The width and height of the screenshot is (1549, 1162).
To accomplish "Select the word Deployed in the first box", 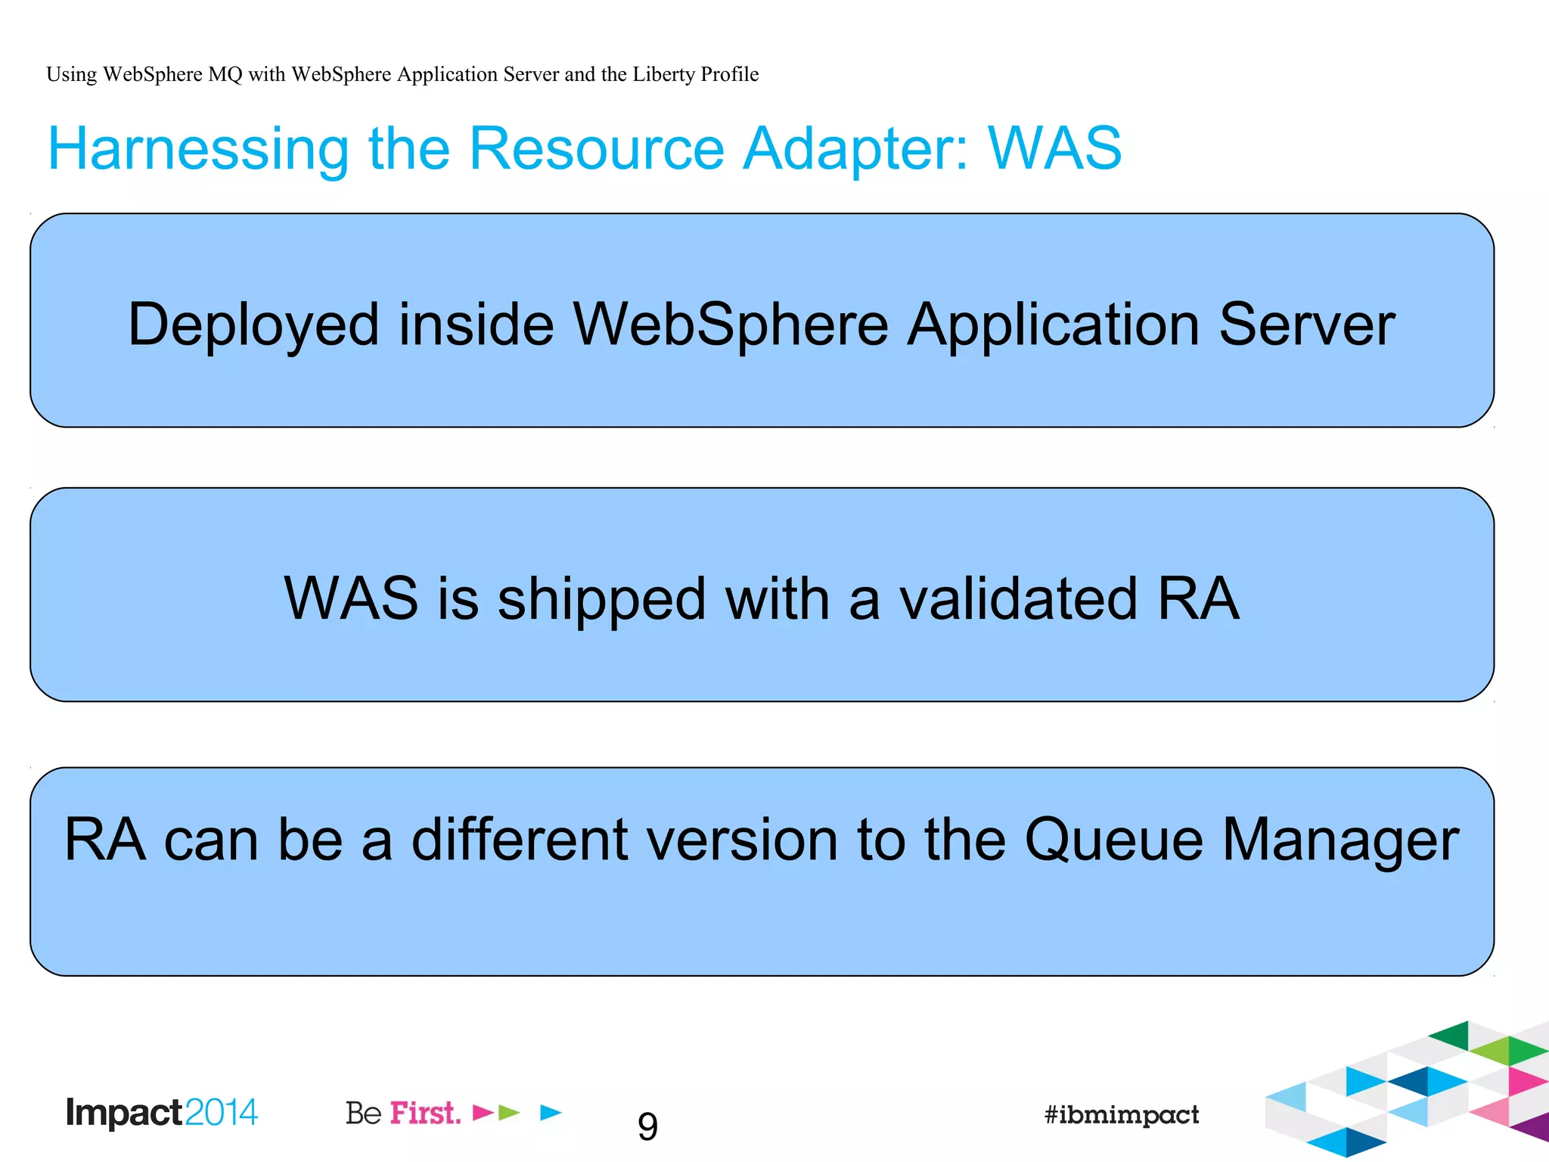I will [x=253, y=325].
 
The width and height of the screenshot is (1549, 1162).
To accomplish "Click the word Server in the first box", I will [x=1307, y=325].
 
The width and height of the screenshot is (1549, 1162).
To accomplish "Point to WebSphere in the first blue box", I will [x=730, y=325].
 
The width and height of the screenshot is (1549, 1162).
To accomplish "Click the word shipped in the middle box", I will [x=601, y=599].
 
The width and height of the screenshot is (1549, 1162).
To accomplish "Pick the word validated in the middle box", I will [x=1018, y=599].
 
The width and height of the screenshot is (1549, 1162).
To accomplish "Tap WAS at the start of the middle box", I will [x=351, y=599].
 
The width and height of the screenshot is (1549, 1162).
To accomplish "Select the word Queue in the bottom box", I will [x=1113, y=840].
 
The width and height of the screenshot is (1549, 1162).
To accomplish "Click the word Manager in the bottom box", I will [x=1340, y=841].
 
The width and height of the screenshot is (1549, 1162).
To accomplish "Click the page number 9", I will [x=647, y=1127].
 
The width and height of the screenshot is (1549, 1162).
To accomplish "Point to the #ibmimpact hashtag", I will [x=1121, y=1114].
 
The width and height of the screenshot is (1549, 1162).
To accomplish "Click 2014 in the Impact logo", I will [x=221, y=1113].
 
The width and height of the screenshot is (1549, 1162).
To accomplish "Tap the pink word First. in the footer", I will [x=425, y=1114].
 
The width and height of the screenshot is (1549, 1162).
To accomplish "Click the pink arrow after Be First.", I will [x=483, y=1112].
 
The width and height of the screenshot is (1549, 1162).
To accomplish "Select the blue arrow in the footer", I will [x=551, y=1112].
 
